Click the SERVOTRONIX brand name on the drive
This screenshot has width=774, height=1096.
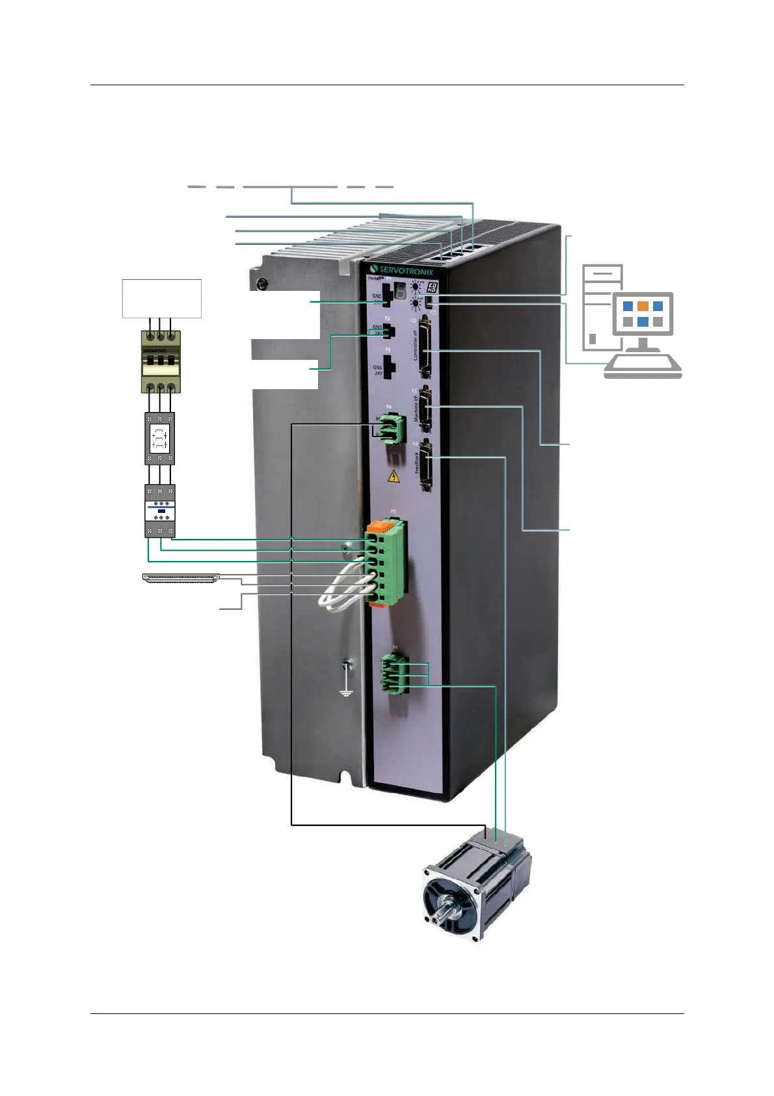406,270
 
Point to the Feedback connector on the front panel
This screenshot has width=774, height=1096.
426,465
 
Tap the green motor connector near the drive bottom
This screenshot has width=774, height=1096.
395,672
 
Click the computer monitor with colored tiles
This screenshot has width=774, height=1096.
642,314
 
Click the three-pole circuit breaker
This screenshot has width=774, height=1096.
161,362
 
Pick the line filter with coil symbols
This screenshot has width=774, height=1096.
159,438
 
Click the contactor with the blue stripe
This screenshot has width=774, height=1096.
160,510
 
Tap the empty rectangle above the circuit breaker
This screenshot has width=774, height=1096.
162,299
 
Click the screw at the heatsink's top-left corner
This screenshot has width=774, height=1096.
261,284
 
